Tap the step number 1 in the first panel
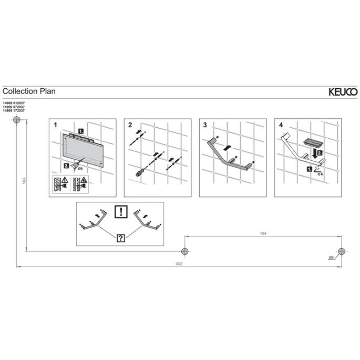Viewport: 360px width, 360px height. pos(55,126)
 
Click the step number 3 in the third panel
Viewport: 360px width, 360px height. pos(205,126)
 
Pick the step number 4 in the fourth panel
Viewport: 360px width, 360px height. pos(281,126)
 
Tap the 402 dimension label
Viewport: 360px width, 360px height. pos(179,264)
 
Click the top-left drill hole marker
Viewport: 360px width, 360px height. pos(16,120)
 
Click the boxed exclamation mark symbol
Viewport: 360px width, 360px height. pos(121,212)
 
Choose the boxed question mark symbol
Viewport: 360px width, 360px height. pos(121,238)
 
